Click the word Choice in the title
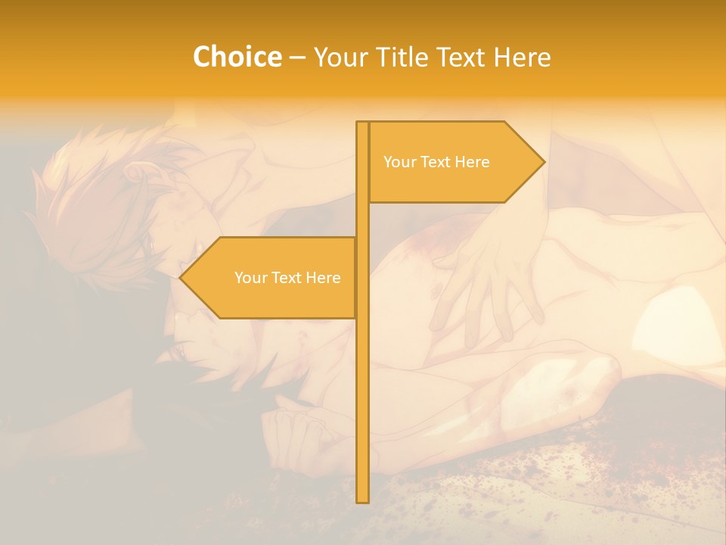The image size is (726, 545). click(237, 58)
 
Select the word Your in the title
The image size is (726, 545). click(336, 58)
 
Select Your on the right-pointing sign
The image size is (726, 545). click(398, 162)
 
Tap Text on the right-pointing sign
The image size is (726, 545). click(436, 162)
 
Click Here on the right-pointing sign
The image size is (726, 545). click(473, 162)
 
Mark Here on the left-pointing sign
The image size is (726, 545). click(324, 278)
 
